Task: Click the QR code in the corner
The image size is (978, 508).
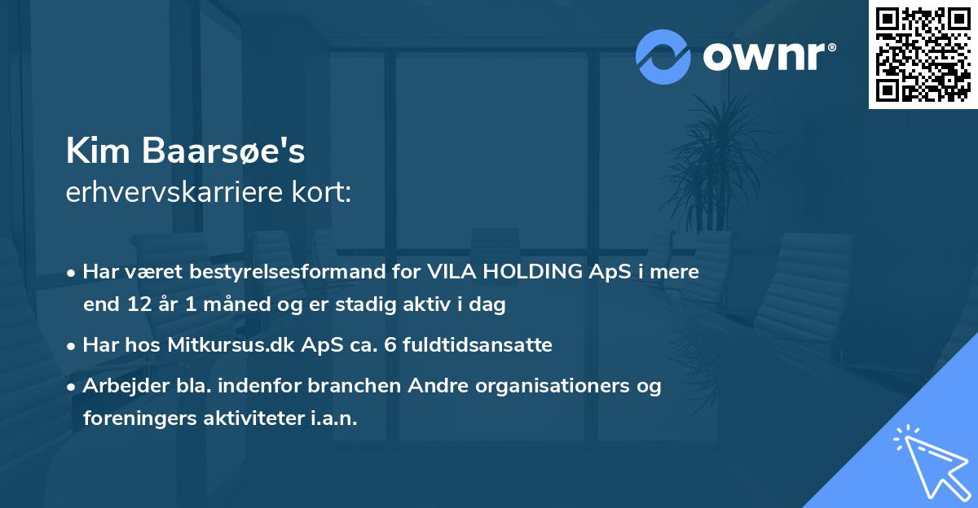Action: tap(923, 55)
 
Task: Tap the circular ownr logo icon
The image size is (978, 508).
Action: tap(663, 56)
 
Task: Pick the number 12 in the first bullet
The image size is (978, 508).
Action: tap(134, 305)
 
